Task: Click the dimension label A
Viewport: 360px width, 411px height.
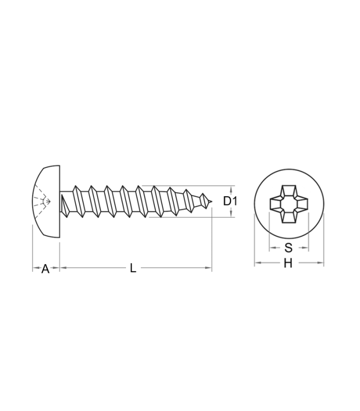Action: click(x=45, y=269)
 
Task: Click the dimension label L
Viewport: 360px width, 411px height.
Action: click(x=133, y=268)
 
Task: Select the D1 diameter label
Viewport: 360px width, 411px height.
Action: click(x=230, y=201)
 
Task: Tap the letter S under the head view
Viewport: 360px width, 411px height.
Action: click(x=289, y=248)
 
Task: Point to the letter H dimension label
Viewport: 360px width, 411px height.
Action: click(x=288, y=263)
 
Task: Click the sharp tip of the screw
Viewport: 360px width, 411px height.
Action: click(x=211, y=201)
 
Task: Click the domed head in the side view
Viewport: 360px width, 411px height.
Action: click(x=46, y=201)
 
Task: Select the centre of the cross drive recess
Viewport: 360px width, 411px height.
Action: click(x=289, y=204)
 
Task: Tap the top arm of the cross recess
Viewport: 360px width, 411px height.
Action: click(x=289, y=191)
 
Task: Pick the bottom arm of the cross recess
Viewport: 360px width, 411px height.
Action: click(x=289, y=217)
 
